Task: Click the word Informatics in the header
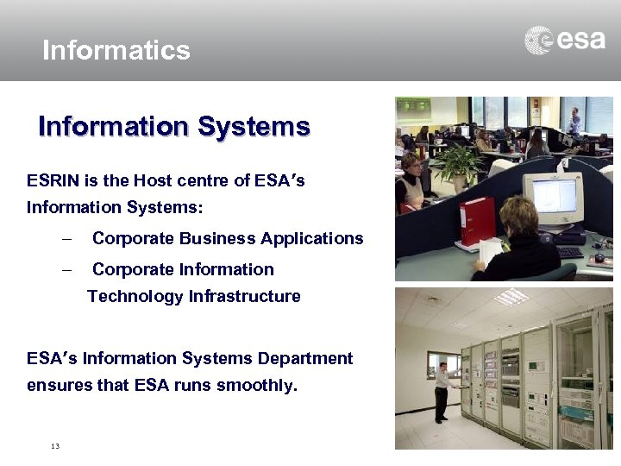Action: (116, 50)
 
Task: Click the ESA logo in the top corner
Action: (565, 41)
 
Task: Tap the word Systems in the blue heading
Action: (254, 127)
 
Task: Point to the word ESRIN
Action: (51, 181)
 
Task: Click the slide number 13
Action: (55, 446)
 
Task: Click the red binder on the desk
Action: (477, 221)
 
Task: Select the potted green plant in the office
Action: (458, 163)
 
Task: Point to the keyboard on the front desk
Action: (569, 252)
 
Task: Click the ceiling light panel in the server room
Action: (511, 297)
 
